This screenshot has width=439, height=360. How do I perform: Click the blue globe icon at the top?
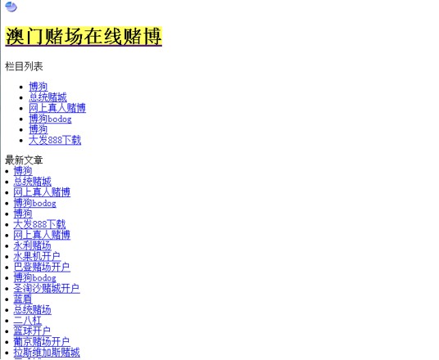coord(11,7)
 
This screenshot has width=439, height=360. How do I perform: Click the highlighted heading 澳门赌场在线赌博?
coord(84,36)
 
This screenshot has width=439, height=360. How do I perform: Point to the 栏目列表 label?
coord(24,66)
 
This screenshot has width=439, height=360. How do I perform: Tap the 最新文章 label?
coord(24,160)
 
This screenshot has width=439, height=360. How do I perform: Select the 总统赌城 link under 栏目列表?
coord(48,97)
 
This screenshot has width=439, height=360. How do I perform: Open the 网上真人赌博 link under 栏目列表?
coord(57,108)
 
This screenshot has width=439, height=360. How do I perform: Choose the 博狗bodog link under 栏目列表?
coord(50,119)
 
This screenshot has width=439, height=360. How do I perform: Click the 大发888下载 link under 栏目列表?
coord(55,140)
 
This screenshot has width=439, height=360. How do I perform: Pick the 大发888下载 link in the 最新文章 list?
coord(39,224)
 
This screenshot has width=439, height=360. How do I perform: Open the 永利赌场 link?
coord(33,245)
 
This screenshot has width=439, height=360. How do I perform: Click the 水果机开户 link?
coord(37,256)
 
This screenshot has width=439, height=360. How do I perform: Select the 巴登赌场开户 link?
coord(42,267)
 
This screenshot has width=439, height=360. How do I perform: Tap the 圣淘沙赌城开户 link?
coord(47,288)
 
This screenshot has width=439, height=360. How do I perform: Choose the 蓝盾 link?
coord(23,299)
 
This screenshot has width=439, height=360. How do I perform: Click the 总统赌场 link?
coord(33,309)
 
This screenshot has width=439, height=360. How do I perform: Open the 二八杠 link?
coord(28,320)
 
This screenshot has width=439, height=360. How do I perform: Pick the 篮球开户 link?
coord(32,331)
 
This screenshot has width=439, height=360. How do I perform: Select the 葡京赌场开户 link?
coord(42,341)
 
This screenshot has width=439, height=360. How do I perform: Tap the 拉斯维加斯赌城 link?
coord(47,352)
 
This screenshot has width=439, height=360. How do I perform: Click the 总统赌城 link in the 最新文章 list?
coord(33,182)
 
